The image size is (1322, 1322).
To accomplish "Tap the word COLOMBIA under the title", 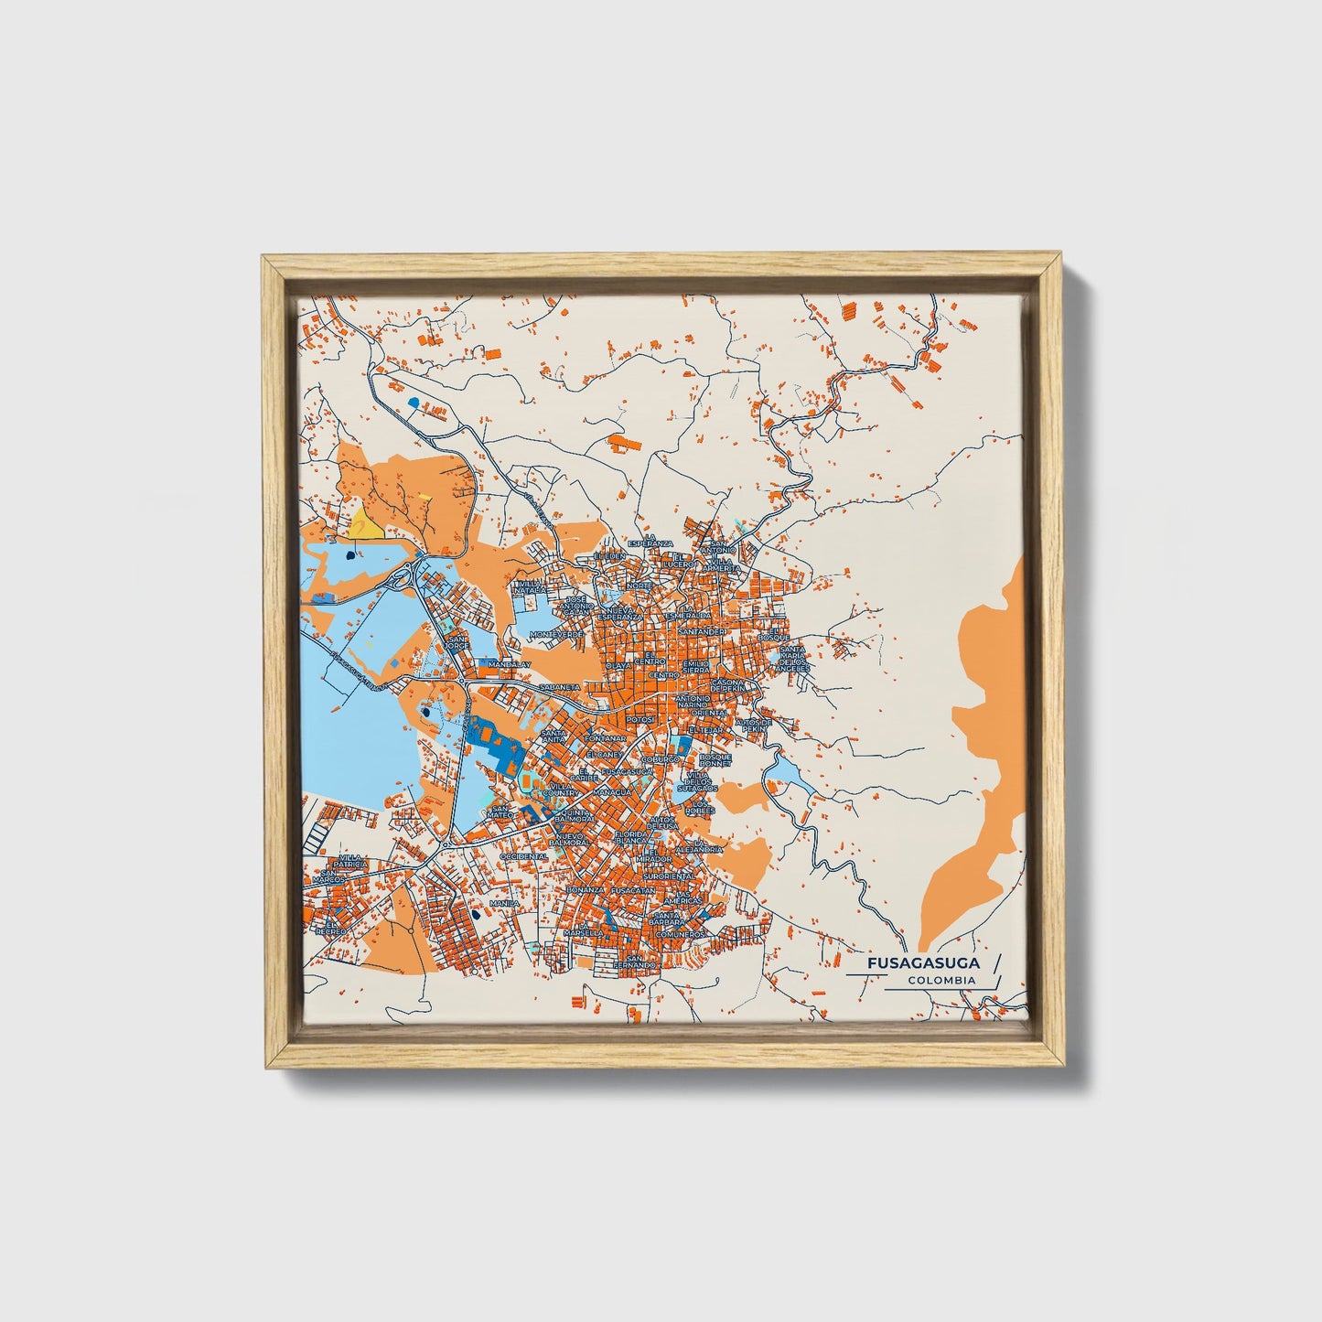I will [x=941, y=981].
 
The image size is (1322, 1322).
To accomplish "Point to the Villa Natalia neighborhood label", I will [x=532, y=586].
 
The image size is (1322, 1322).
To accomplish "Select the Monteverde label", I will [x=556, y=634].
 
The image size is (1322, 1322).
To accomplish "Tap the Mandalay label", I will [x=509, y=664].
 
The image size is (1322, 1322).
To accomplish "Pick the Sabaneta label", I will [x=560, y=686].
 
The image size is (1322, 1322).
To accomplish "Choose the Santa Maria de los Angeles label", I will [x=792, y=659].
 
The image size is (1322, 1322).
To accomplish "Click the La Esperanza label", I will [x=650, y=540].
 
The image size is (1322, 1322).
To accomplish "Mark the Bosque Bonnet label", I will [x=715, y=760].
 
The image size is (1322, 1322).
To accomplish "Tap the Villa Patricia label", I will [x=351, y=860].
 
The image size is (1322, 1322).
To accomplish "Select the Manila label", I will [x=504, y=904].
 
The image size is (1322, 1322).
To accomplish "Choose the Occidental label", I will [x=523, y=856].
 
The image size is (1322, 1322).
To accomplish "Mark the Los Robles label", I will [x=701, y=808].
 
